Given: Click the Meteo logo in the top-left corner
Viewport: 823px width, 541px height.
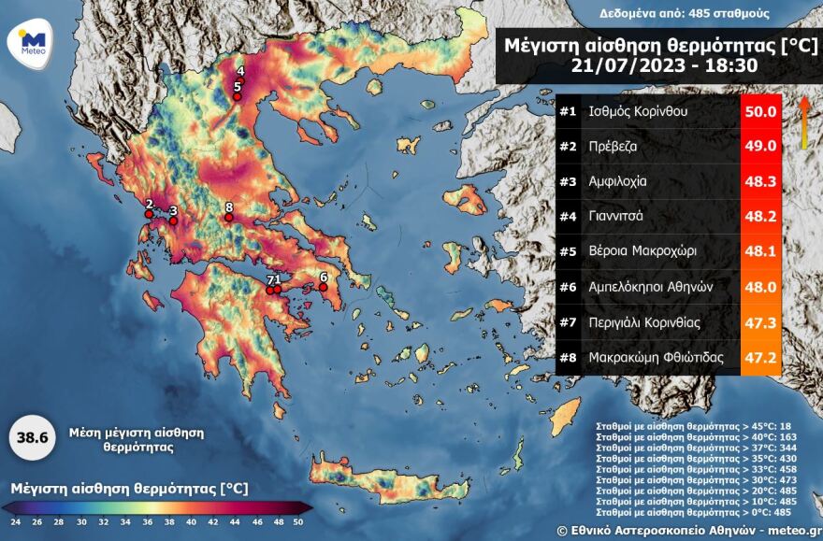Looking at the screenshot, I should tap(33, 42).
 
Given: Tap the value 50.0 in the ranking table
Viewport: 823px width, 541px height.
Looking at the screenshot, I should tap(759, 111).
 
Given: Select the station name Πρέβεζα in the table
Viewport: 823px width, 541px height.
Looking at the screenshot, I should tap(616, 146).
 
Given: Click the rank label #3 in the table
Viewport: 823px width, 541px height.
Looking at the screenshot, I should tap(568, 181).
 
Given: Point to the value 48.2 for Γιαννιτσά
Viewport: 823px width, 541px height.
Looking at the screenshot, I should tap(759, 216).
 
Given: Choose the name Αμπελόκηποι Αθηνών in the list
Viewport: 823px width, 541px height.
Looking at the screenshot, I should tap(651, 287).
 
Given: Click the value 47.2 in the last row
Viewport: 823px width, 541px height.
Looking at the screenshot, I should tap(759, 357).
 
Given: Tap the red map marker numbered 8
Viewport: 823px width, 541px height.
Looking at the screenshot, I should tap(229, 219).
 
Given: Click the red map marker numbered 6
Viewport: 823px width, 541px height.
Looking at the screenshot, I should tap(324, 288).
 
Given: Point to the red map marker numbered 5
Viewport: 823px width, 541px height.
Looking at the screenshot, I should tap(238, 96).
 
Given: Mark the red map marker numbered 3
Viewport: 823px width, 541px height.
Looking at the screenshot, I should tap(173, 221).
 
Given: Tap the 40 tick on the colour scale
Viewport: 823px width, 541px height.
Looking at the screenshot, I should tap(190, 521).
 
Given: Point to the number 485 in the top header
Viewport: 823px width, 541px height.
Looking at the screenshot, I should tap(691, 13).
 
